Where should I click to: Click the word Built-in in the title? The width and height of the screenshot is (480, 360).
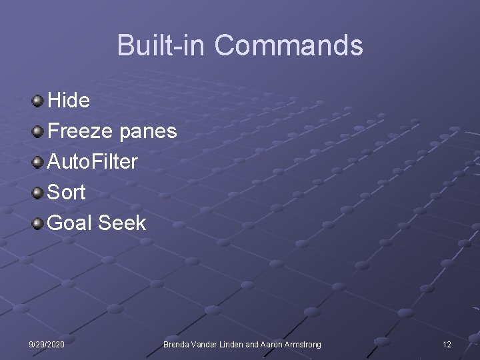pyautogui.click(x=162, y=45)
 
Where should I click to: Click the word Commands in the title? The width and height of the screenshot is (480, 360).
pyautogui.click(x=289, y=45)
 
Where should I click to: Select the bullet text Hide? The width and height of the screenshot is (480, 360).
pyautogui.click(x=69, y=100)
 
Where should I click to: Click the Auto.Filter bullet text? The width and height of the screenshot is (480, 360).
pyautogui.click(x=93, y=161)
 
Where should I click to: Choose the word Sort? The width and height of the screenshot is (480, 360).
pyautogui.click(x=67, y=192)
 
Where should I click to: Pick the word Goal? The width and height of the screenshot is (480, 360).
pyautogui.click(x=71, y=223)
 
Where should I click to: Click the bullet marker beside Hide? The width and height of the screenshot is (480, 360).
pyautogui.click(x=39, y=101)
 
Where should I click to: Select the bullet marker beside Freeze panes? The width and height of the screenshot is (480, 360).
pyautogui.click(x=39, y=131)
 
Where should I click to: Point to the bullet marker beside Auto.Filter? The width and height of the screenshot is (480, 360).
pyautogui.click(x=39, y=162)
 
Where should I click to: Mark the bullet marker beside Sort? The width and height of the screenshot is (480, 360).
pyautogui.click(x=39, y=193)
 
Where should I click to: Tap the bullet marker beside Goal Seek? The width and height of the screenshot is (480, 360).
pyautogui.click(x=39, y=223)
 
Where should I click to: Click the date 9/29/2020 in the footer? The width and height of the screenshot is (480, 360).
pyautogui.click(x=47, y=344)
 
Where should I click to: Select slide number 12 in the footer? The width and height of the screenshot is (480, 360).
pyautogui.click(x=447, y=344)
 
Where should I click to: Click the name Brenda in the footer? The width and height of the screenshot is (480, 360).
pyautogui.click(x=178, y=344)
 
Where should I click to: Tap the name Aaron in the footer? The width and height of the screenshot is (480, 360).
pyautogui.click(x=267, y=344)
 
